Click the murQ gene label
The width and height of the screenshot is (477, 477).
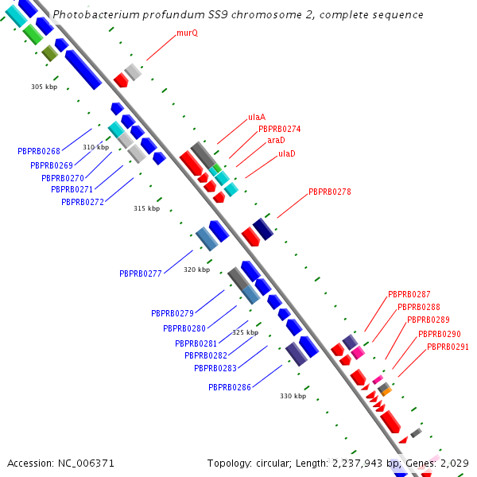click(187, 33)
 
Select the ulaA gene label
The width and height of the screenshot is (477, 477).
click(256, 117)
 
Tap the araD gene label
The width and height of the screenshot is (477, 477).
click(276, 140)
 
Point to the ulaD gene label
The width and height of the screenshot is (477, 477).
click(286, 153)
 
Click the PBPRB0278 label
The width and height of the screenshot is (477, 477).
click(329, 192)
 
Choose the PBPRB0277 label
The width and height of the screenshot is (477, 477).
click(141, 273)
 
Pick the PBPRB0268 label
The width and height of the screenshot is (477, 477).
click(39, 151)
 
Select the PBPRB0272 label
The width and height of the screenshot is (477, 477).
click(83, 202)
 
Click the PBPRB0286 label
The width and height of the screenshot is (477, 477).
click(230, 387)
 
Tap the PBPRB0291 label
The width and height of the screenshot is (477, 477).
click(448, 347)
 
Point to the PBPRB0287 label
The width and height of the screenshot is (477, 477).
click(409, 294)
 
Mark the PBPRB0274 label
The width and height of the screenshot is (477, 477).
click(279, 129)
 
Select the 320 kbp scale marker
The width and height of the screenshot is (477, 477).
click(196, 270)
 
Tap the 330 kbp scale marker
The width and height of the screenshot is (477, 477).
click(293, 396)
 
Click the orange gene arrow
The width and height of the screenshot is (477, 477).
click(386, 391)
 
